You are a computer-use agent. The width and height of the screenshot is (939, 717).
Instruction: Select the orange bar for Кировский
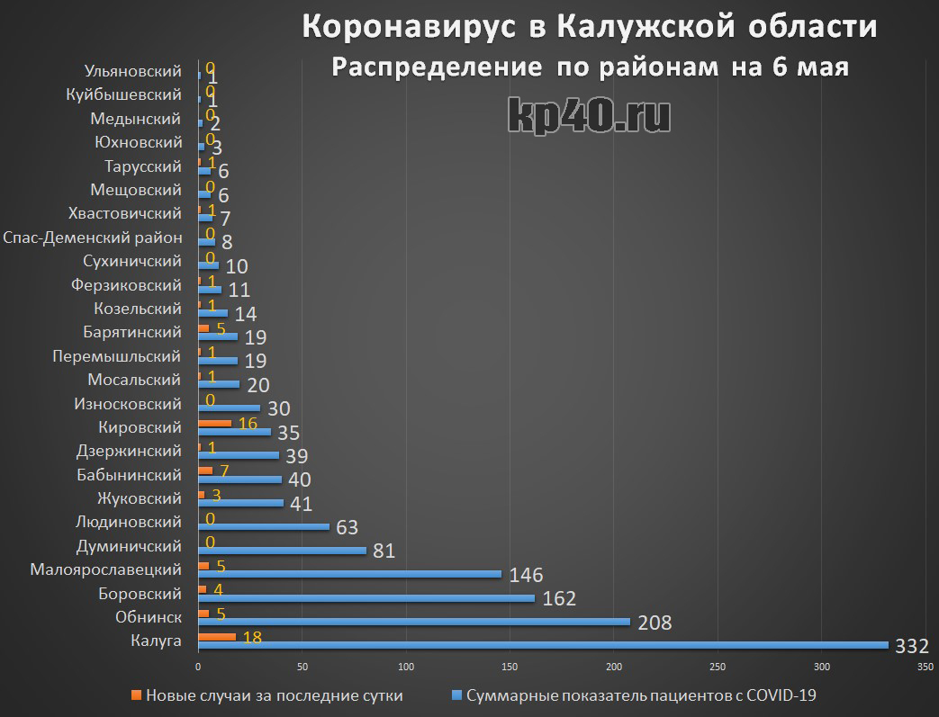pos(214,422)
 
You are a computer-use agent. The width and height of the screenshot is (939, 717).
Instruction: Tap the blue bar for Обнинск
pos(414,622)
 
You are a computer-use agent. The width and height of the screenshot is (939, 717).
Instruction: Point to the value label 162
pos(558,598)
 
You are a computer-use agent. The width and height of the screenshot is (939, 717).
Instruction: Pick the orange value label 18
pos(253,637)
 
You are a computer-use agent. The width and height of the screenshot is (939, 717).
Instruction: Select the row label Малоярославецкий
pos(105,569)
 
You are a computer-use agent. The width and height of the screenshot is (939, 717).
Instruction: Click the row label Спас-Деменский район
pos(93,238)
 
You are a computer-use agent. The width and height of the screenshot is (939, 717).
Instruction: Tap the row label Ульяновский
pos(132,71)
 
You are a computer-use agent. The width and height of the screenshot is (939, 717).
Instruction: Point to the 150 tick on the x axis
pos(510,667)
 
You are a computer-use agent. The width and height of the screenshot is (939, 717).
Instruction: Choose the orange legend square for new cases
pos(136,695)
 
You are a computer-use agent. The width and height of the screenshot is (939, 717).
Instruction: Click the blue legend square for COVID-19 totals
pos(456,695)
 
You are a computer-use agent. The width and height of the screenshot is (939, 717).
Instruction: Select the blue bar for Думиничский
pos(282,550)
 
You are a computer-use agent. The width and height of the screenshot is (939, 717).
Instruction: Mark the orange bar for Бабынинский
pos(205,470)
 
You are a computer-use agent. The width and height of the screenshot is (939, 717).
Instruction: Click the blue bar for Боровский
pos(366,597)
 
